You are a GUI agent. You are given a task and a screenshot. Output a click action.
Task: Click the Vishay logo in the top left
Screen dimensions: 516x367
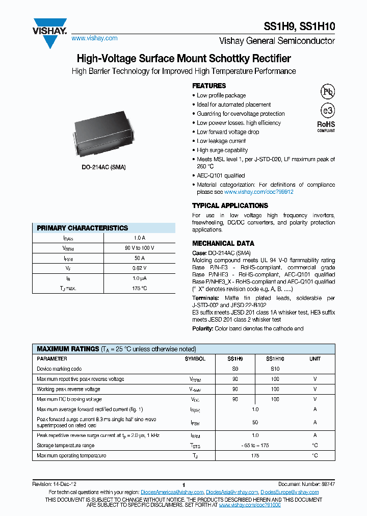tap(50, 32)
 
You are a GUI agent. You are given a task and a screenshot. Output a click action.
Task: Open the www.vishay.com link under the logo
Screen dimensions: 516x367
tap(94, 38)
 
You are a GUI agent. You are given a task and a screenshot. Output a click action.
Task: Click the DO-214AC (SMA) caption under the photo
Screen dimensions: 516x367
tap(103, 167)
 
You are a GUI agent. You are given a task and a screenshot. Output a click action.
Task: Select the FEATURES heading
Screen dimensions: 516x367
tap(209, 86)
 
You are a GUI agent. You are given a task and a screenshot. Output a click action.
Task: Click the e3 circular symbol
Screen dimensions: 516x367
tap(326, 111)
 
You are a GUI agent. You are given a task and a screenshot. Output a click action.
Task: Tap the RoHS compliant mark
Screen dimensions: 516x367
tap(326, 126)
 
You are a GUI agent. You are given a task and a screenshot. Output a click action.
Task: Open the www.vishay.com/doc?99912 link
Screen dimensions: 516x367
tap(259, 192)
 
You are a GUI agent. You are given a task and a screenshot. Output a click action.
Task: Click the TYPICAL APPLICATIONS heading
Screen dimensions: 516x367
tap(230, 205)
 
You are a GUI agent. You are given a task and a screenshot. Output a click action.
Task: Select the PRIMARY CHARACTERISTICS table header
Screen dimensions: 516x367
tap(83, 228)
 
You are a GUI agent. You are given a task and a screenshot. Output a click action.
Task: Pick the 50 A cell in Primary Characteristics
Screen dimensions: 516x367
tap(139, 259)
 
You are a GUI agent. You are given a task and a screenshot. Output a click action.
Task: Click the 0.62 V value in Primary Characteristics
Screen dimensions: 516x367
tap(139, 268)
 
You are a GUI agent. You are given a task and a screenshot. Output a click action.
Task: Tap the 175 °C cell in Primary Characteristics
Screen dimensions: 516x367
tap(139, 289)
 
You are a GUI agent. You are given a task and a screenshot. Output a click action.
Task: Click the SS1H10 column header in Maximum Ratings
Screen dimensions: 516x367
tap(275, 359)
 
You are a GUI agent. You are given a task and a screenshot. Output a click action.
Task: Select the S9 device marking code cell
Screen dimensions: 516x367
tap(235, 369)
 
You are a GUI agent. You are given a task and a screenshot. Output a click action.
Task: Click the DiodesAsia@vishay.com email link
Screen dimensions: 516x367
tap(232, 492)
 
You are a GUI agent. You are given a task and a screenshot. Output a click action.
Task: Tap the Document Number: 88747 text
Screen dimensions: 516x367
tap(306, 483)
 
